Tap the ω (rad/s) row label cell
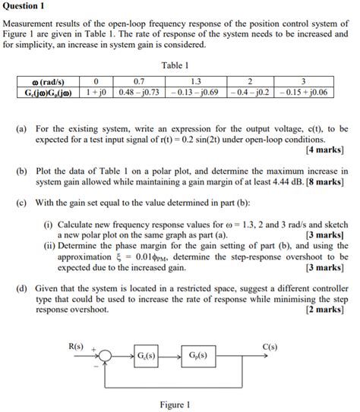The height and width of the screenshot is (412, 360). (x=46, y=81)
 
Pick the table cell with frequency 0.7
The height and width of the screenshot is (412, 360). (x=138, y=81)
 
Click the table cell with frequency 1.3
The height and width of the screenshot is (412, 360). (x=196, y=81)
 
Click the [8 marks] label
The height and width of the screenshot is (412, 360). (x=327, y=183)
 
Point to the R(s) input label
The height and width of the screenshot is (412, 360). (x=76, y=346)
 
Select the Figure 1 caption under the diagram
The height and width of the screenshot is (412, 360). (x=175, y=404)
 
